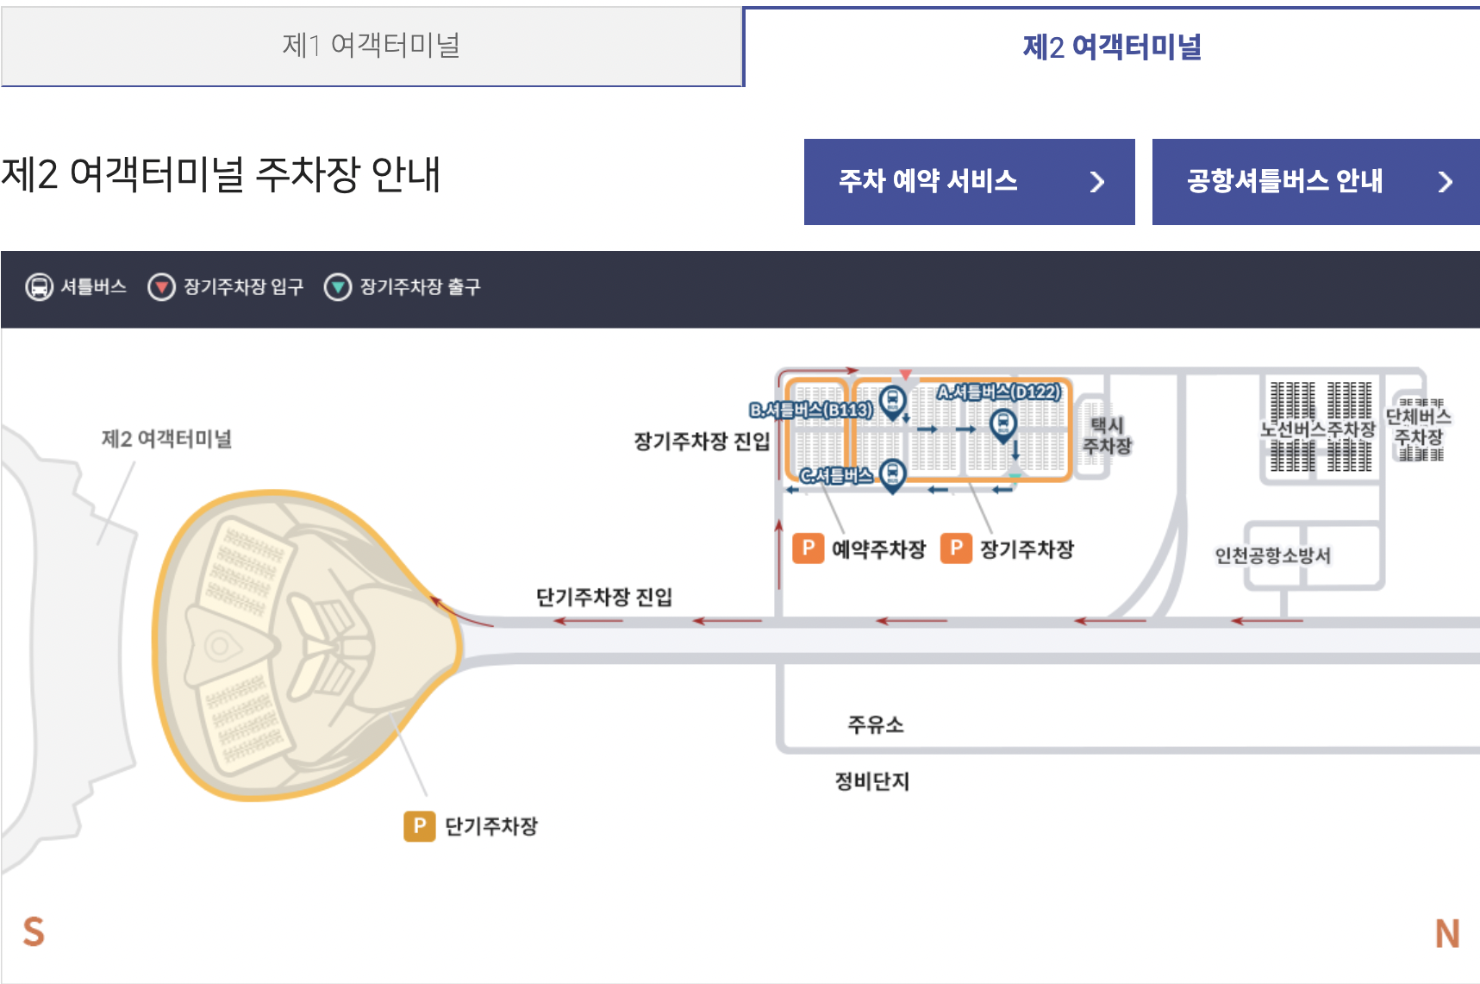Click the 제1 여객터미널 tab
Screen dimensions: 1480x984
pos(372,46)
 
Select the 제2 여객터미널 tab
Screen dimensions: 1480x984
pos(1112,47)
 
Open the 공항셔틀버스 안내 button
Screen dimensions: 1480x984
pos(1315,181)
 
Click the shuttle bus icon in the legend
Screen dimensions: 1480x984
pos(39,286)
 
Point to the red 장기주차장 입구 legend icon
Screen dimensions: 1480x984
pos(161,286)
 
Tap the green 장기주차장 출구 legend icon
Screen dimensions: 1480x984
pos(337,286)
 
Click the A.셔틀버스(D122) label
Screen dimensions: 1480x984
pos(999,392)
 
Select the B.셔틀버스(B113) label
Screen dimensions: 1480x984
pos(811,410)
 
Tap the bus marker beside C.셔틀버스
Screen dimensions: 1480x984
pos(893,473)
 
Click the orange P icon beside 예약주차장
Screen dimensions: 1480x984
pos(808,548)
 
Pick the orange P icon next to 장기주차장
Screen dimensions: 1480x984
pos(956,548)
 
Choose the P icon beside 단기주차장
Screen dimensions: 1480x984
pos(420,825)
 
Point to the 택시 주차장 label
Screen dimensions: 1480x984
pos(1107,436)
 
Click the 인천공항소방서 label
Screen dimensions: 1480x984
pos(1272,555)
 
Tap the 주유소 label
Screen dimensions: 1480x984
pos(876,724)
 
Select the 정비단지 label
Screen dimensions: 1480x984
pos(872,781)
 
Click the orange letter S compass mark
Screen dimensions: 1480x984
pos(34,932)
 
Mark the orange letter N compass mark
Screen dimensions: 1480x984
pos(1447,933)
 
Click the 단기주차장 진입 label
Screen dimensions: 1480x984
pos(603,597)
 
